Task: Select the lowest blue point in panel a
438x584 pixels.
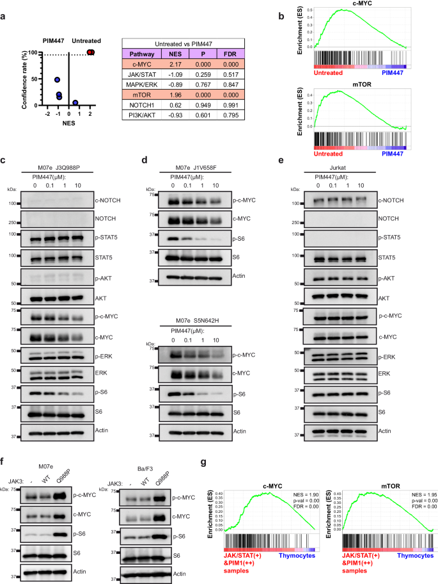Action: click(75, 102)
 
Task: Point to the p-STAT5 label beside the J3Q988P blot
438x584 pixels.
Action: click(108, 242)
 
